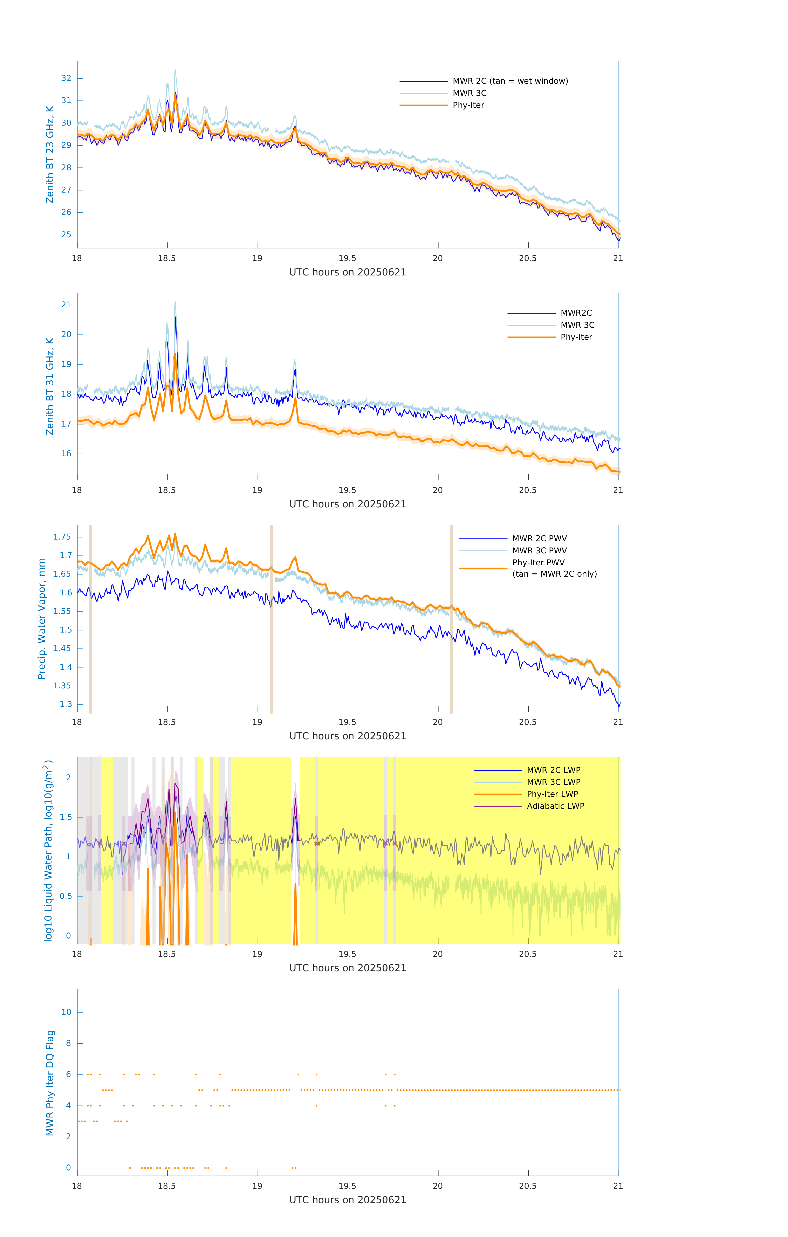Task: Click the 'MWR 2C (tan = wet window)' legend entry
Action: [510, 81]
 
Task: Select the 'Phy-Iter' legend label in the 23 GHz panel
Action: [468, 105]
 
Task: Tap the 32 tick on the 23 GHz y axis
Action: [66, 78]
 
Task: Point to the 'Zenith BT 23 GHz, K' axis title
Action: [50, 155]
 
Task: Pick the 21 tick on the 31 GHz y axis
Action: [66, 305]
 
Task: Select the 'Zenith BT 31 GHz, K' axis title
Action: [50, 386]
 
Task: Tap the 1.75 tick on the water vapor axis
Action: [62, 537]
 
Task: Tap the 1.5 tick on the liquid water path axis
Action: [66, 817]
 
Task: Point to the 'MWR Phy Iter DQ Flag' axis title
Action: [50, 1082]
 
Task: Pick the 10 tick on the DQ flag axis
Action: [66, 1012]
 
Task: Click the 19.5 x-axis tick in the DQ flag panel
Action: [348, 1186]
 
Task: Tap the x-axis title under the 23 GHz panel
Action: [348, 272]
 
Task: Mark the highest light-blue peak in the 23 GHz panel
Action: [175, 70]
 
